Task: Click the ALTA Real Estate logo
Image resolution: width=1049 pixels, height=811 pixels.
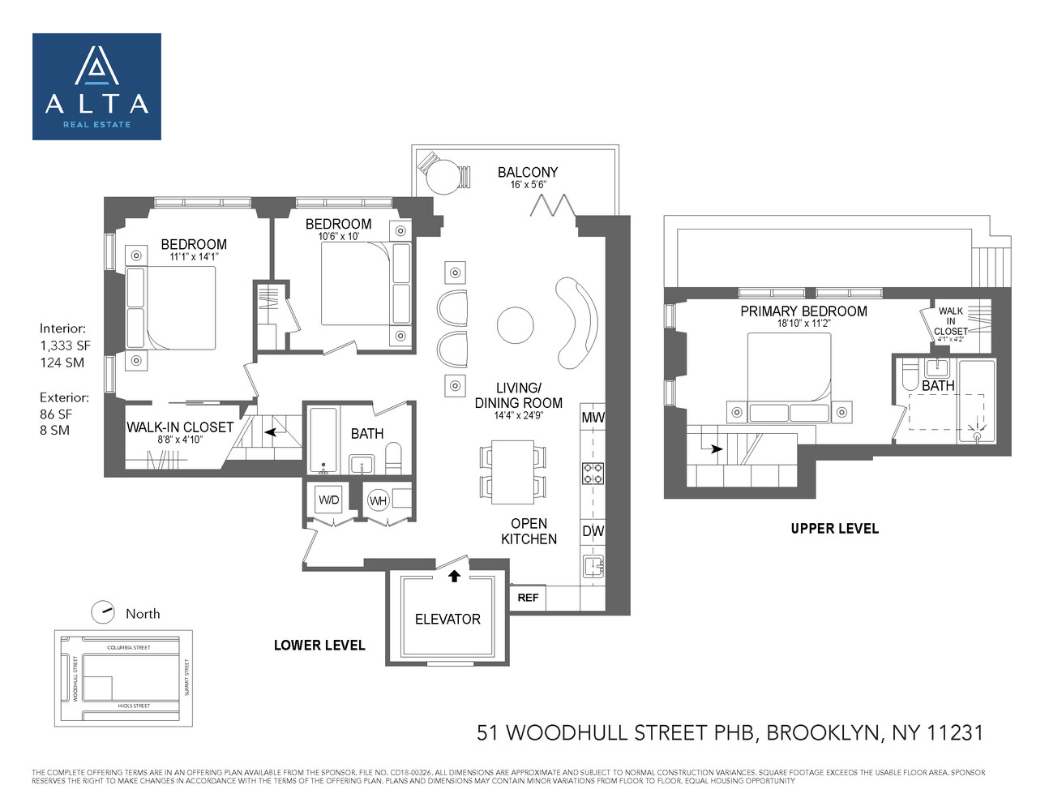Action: coord(96,87)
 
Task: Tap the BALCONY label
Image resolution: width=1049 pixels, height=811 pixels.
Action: coord(528,172)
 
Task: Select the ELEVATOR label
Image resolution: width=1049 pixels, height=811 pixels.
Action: coord(447,619)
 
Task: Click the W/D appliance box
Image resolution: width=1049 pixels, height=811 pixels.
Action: coord(329,500)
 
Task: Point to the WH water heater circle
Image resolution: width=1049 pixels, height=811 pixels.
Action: coord(378,500)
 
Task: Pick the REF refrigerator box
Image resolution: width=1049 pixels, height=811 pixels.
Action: coord(528,598)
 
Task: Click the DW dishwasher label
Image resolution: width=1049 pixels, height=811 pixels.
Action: coord(593,532)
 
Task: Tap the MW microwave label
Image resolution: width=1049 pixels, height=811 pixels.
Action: coord(593,418)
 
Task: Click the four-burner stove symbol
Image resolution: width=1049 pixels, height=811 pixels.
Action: coord(593,473)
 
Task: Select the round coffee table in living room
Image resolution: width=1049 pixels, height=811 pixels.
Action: coord(516,325)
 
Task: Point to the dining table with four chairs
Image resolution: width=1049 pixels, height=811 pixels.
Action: coord(512,470)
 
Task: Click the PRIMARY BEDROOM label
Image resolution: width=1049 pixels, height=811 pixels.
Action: coord(803,311)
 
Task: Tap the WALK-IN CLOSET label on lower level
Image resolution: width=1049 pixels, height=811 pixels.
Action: coord(180,427)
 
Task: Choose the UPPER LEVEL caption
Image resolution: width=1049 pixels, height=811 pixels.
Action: coord(834,529)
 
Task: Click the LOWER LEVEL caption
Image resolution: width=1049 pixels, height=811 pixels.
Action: coord(319,646)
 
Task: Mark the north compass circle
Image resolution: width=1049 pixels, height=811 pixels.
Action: coord(103,612)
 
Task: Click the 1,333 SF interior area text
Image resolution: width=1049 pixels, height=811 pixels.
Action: coord(66,345)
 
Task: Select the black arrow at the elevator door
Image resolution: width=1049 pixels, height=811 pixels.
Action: coord(454,576)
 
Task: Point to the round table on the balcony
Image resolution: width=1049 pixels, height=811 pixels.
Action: coord(443,177)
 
